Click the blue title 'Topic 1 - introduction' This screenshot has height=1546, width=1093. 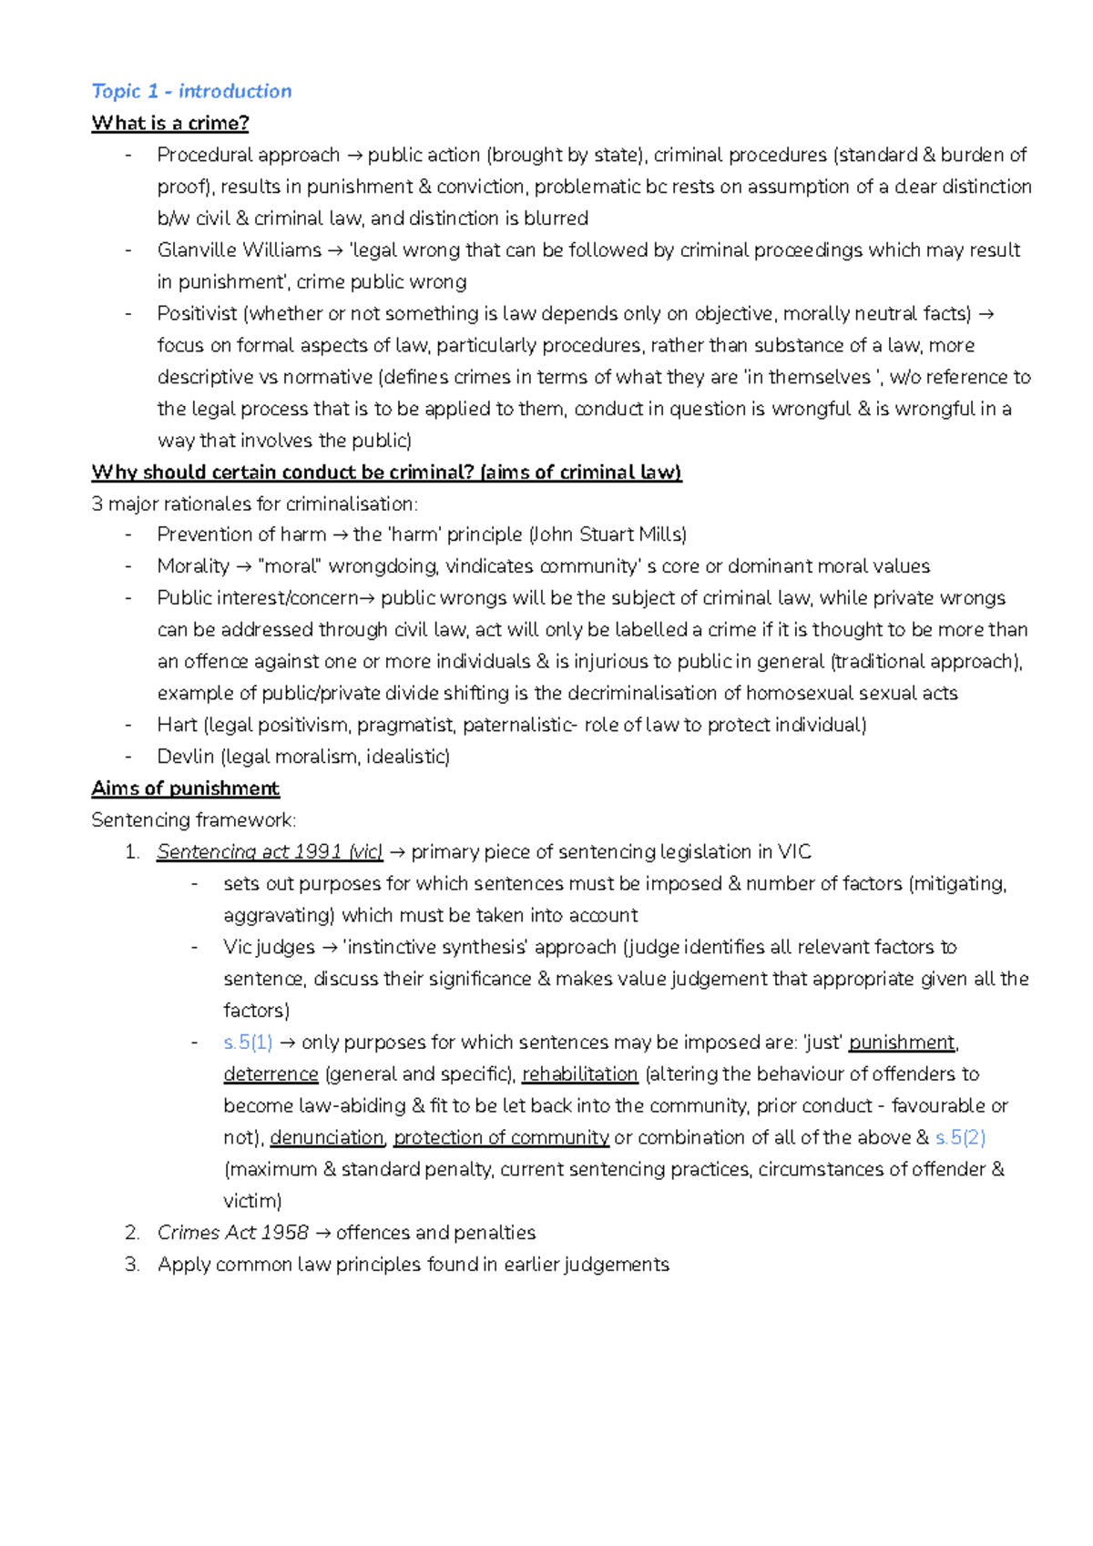click(x=191, y=91)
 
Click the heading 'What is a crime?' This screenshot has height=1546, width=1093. click(x=169, y=123)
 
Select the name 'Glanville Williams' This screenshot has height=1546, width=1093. click(x=239, y=250)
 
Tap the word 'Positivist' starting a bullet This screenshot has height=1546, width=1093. click(x=197, y=314)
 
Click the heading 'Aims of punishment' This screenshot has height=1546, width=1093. click(x=185, y=788)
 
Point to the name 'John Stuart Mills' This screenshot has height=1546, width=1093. click(x=608, y=534)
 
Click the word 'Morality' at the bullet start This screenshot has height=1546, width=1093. click(x=193, y=566)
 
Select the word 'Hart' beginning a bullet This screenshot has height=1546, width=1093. click(x=177, y=725)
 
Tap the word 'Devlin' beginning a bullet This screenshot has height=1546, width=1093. click(x=185, y=757)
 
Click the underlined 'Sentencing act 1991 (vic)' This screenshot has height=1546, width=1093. click(x=269, y=852)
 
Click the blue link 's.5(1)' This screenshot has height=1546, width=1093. click(x=248, y=1043)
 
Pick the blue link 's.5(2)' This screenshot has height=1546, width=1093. click(x=960, y=1138)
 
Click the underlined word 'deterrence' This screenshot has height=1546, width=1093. click(x=271, y=1074)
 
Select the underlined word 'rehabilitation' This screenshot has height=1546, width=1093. click(x=579, y=1074)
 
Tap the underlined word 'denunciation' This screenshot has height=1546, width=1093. click(x=327, y=1138)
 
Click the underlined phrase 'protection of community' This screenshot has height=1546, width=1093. click(x=501, y=1138)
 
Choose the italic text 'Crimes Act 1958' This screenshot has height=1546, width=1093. click(x=232, y=1233)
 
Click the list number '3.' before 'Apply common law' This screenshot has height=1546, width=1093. click(x=132, y=1265)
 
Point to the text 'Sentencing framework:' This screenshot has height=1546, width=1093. click(x=193, y=820)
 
